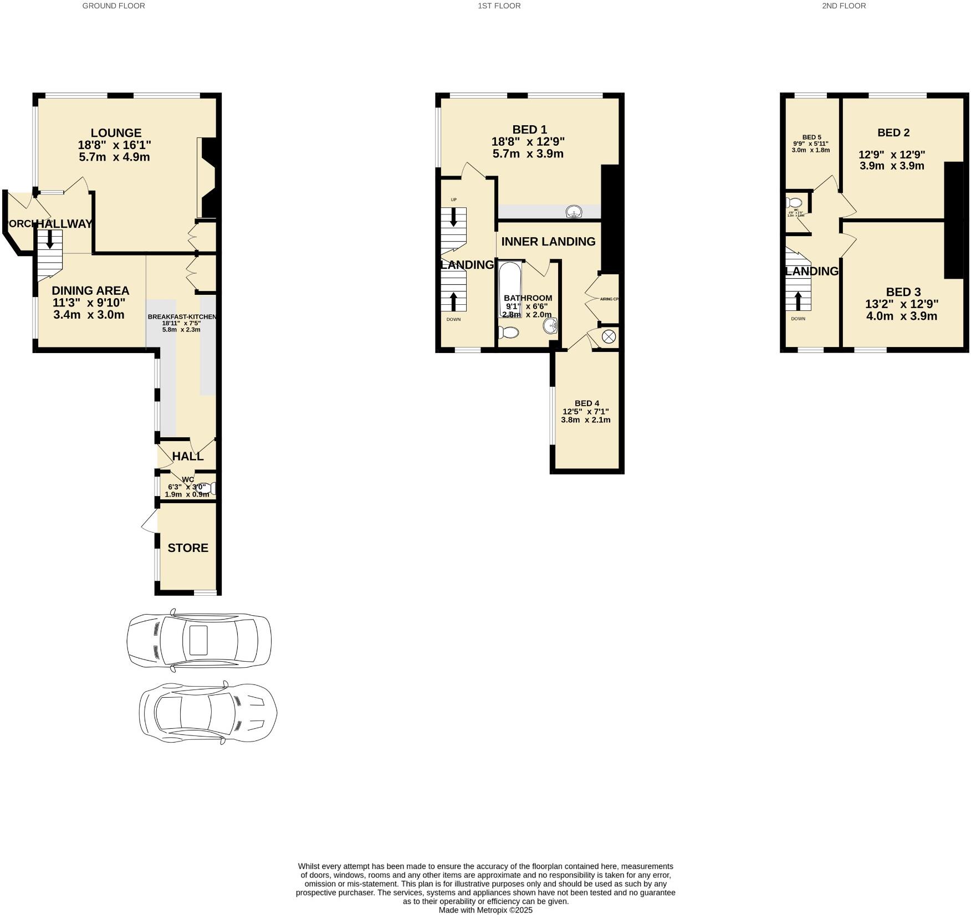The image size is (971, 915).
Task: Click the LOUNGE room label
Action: [x=116, y=133]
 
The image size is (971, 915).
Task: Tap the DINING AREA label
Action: [x=90, y=290]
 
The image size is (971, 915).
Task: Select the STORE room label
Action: [x=188, y=548]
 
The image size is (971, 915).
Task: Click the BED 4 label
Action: [x=586, y=403]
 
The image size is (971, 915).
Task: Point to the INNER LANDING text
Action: [x=548, y=242]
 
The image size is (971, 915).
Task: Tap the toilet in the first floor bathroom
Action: [x=508, y=333]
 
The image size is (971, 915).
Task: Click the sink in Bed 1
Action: [x=574, y=212]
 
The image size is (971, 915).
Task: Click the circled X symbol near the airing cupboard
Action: [x=609, y=336]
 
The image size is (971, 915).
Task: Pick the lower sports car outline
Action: [x=208, y=712]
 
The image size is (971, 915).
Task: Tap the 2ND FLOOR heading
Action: [x=844, y=6]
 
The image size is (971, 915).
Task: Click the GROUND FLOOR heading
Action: [x=114, y=6]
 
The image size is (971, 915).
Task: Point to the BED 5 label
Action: [x=811, y=137]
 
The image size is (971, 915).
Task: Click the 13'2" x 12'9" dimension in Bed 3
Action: [x=902, y=304]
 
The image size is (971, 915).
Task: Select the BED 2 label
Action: [x=893, y=132]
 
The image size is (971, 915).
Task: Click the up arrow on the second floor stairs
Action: [x=798, y=300]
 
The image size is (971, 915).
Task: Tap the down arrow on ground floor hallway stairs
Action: [x=50, y=240]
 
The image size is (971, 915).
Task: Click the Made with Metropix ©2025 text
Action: [x=485, y=910]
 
